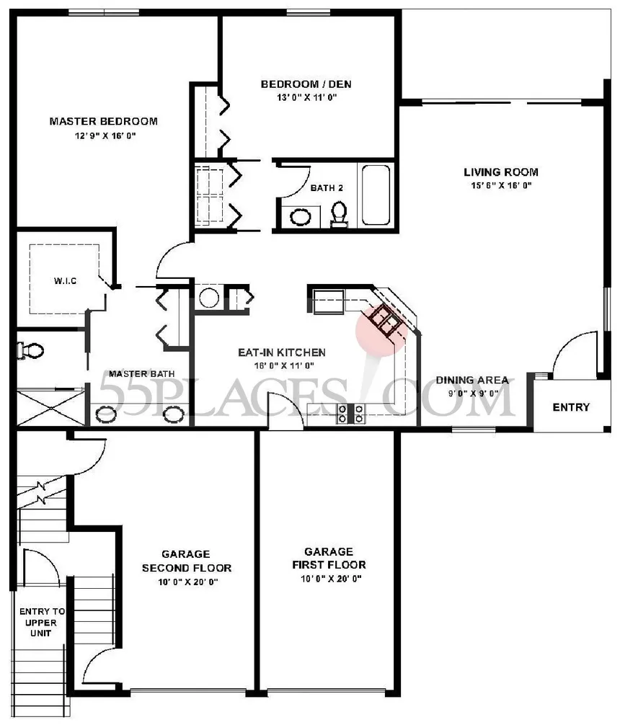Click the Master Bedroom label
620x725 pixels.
(104, 122)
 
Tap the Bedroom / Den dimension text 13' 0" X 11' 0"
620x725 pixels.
(307, 97)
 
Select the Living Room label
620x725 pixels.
(501, 172)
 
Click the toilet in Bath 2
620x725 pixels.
(340, 213)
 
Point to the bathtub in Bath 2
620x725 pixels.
(376, 195)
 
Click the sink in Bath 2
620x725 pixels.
(301, 216)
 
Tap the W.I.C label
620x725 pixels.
(65, 280)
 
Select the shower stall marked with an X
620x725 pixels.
(51, 408)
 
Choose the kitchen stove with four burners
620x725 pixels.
(351, 414)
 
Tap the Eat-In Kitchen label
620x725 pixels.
(282, 353)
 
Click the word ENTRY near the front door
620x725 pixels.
(572, 407)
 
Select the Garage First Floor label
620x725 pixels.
(329, 558)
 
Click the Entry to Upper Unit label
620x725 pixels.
(42, 623)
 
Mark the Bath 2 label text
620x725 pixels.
(327, 188)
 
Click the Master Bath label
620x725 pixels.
(141, 373)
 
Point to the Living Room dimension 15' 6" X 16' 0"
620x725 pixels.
(501, 186)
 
